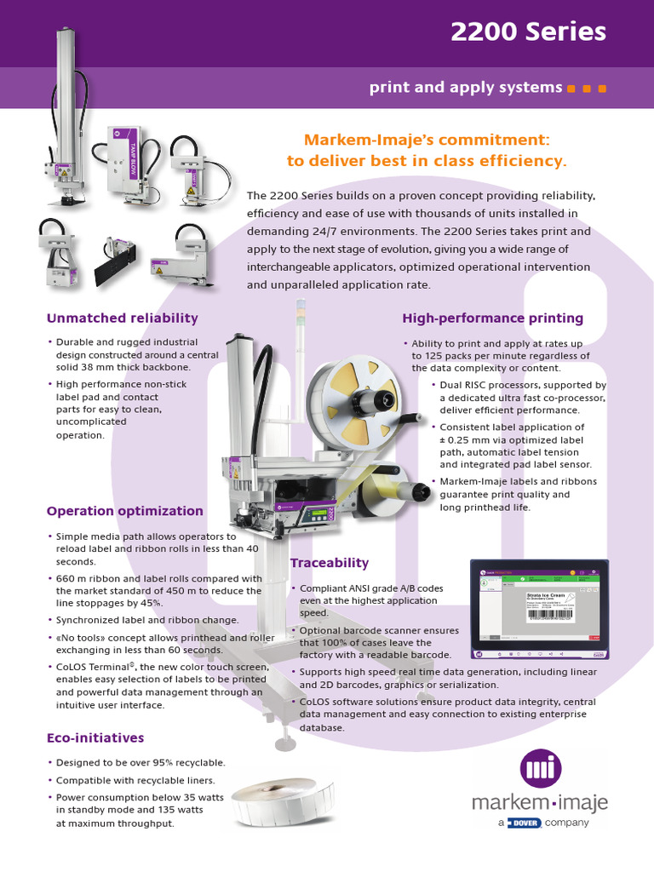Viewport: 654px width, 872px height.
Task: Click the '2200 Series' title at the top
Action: click(528, 32)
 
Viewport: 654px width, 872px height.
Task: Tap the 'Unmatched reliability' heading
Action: click(122, 318)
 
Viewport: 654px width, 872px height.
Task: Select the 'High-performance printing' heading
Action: click(492, 318)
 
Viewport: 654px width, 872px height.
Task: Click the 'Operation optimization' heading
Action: click(124, 511)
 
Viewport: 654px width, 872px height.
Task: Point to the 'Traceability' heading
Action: click(330, 563)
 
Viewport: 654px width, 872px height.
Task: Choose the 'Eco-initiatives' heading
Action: click(95, 737)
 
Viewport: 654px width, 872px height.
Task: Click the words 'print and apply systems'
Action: click(465, 88)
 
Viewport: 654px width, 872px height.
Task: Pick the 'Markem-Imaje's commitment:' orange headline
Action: click(427, 139)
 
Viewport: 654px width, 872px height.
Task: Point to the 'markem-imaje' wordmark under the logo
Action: click(540, 803)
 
